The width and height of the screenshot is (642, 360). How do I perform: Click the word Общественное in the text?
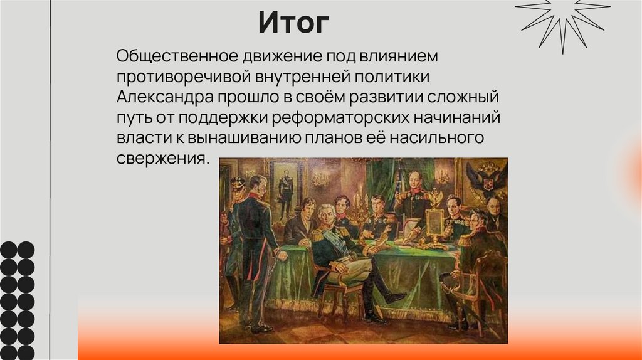[174, 56]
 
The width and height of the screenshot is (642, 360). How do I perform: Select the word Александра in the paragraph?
[165, 98]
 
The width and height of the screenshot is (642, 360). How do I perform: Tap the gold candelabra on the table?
[360, 210]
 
